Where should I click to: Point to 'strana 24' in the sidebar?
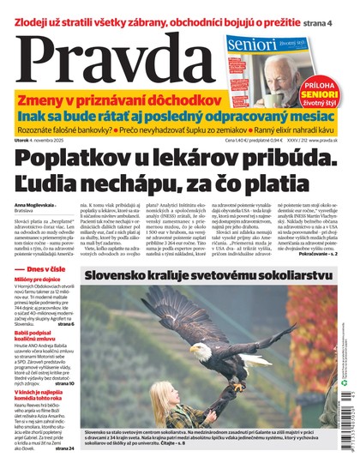[64, 448]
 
